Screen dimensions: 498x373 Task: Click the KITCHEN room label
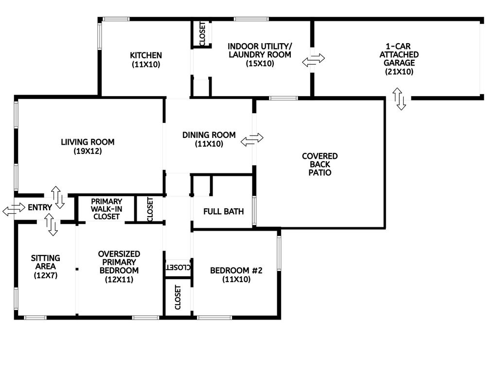[x=146, y=55]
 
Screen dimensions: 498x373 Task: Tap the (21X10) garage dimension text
[x=399, y=72]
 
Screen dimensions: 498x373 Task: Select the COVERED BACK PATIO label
[x=320, y=164]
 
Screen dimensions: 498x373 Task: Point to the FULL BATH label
[x=224, y=212]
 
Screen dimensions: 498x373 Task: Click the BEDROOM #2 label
[x=236, y=271]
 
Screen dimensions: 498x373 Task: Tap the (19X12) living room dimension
[x=88, y=151]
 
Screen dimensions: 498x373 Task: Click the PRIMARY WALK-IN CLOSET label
[x=107, y=209]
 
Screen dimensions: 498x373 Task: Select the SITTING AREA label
[x=45, y=262]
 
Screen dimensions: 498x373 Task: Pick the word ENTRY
[x=40, y=207]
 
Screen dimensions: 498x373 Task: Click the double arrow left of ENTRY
[x=14, y=209]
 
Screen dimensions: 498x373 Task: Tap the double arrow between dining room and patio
[x=252, y=139]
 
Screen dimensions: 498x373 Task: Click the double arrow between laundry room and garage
[x=314, y=60]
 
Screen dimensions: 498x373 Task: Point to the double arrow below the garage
[x=399, y=99]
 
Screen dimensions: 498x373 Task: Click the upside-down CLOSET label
[x=178, y=267]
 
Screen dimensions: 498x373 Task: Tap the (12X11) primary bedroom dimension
[x=119, y=279]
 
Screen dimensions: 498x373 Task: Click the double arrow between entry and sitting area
[x=51, y=224]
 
